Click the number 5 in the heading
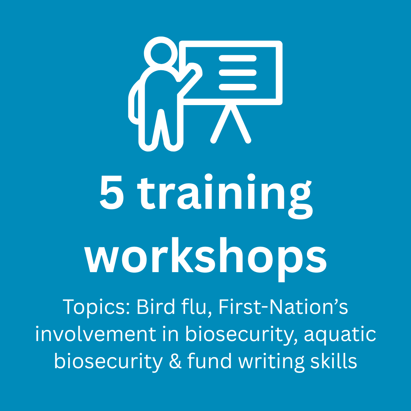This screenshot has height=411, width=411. pos(112,192)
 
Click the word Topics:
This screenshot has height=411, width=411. pos(96,307)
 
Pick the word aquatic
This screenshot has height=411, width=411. pos(340,334)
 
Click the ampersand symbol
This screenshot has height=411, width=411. pos(175,361)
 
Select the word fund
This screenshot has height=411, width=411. pos(210,360)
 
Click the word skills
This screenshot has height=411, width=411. pos(334,360)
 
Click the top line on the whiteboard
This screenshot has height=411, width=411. pos(237,58)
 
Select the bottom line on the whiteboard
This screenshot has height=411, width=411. pos(237,87)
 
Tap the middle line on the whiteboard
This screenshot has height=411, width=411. pos(237,73)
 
